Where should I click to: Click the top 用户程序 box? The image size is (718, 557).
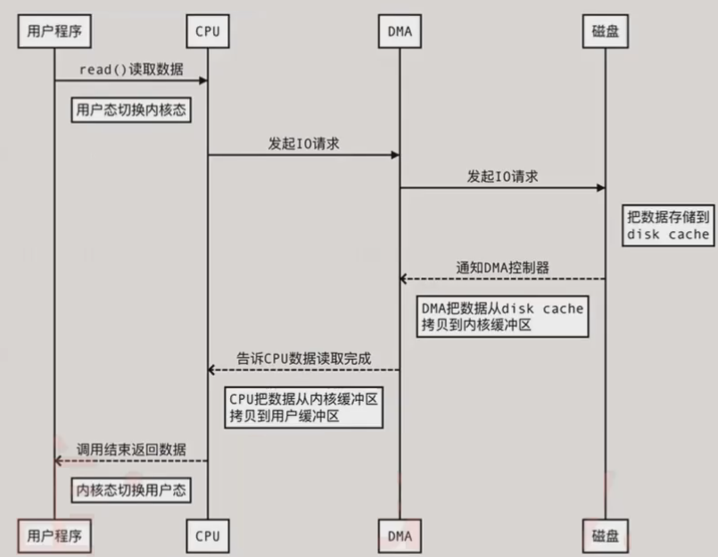[54, 32]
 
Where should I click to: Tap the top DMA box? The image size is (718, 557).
[399, 32]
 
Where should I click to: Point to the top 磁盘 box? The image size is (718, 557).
[606, 32]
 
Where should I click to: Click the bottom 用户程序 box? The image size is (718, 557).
[54, 536]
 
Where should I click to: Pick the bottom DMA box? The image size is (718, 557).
[399, 536]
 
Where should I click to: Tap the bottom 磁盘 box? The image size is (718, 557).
[606, 536]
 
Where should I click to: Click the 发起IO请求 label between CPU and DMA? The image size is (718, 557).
[303, 142]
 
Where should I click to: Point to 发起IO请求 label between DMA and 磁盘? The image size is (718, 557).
[502, 176]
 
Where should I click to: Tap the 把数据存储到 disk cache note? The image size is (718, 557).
[668, 226]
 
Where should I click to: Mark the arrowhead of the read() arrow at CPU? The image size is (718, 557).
[203, 81]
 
